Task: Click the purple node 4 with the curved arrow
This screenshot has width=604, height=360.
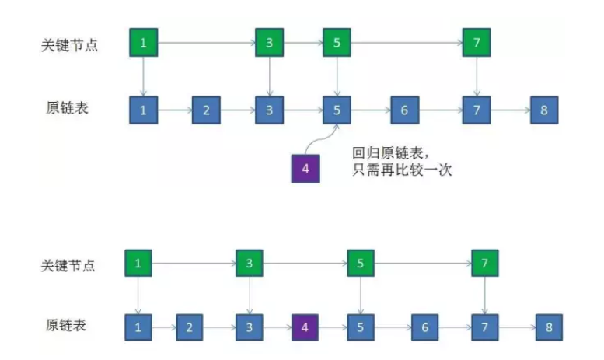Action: (305, 169)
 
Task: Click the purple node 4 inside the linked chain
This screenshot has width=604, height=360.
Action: (305, 327)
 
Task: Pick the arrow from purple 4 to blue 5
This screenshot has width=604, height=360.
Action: (333, 327)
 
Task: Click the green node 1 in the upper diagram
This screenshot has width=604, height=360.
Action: (143, 43)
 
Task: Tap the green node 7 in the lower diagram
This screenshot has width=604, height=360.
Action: (484, 264)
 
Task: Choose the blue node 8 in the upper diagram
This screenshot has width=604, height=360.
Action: (544, 110)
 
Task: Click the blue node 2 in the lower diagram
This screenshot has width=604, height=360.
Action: (189, 327)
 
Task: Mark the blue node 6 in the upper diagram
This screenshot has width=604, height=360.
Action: (404, 110)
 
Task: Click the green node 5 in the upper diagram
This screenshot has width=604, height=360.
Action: (337, 43)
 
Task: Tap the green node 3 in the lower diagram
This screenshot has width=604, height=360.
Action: (249, 264)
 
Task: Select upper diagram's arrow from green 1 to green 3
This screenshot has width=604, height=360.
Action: (206, 43)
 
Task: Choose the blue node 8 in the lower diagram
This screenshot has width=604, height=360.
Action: (549, 327)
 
